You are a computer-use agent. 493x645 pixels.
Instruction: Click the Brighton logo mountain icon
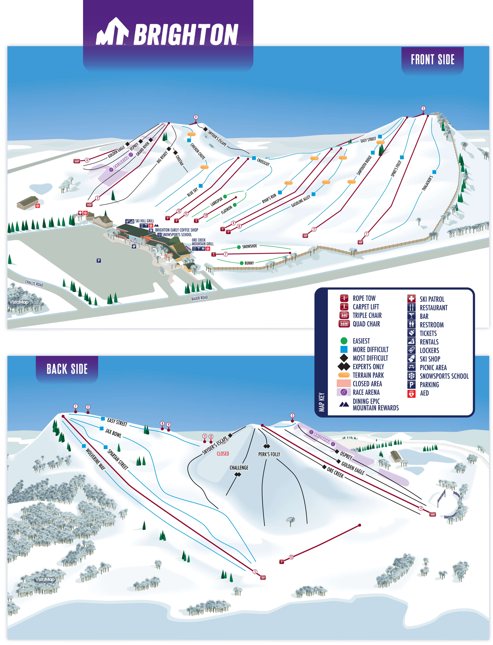point(112,32)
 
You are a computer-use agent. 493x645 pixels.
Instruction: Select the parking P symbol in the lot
point(99,261)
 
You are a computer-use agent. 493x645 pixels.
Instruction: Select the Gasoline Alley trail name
point(301,201)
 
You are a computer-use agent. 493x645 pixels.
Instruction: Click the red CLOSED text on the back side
point(223,454)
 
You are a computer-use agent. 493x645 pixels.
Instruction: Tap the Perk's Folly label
point(269,454)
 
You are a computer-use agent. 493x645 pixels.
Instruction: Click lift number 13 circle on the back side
point(291,557)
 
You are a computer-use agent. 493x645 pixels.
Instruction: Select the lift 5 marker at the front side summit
point(423,109)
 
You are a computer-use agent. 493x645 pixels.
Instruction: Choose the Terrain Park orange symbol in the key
point(344,375)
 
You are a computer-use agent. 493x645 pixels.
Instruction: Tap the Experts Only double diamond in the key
point(344,367)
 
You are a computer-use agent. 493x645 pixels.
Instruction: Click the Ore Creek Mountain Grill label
point(202,242)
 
